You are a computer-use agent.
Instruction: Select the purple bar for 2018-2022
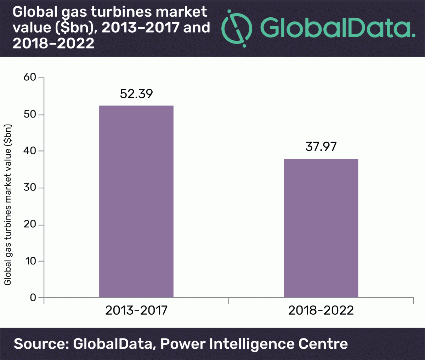pyautogui.click(x=321, y=228)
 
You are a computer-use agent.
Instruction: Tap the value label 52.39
pyautogui.click(x=136, y=94)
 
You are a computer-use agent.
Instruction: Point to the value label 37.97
pyautogui.click(x=321, y=147)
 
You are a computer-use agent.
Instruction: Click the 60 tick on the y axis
pyautogui.click(x=30, y=78)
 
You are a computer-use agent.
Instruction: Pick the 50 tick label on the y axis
pyautogui.click(x=30, y=115)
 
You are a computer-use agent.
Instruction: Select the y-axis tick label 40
pyautogui.click(x=30, y=151)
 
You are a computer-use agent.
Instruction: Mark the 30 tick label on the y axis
pyautogui.click(x=30, y=188)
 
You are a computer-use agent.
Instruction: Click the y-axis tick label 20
pyautogui.click(x=30, y=224)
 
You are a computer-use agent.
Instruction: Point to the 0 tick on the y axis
pyautogui.click(x=33, y=298)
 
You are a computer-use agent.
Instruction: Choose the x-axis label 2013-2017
pyautogui.click(x=136, y=310)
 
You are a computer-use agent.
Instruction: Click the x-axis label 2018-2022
pyautogui.click(x=321, y=310)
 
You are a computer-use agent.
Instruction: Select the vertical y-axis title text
pyautogui.click(x=8, y=205)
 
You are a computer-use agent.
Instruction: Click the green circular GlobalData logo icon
pyautogui.click(x=237, y=27)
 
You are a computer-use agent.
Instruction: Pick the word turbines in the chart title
pyautogui.click(x=133, y=12)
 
